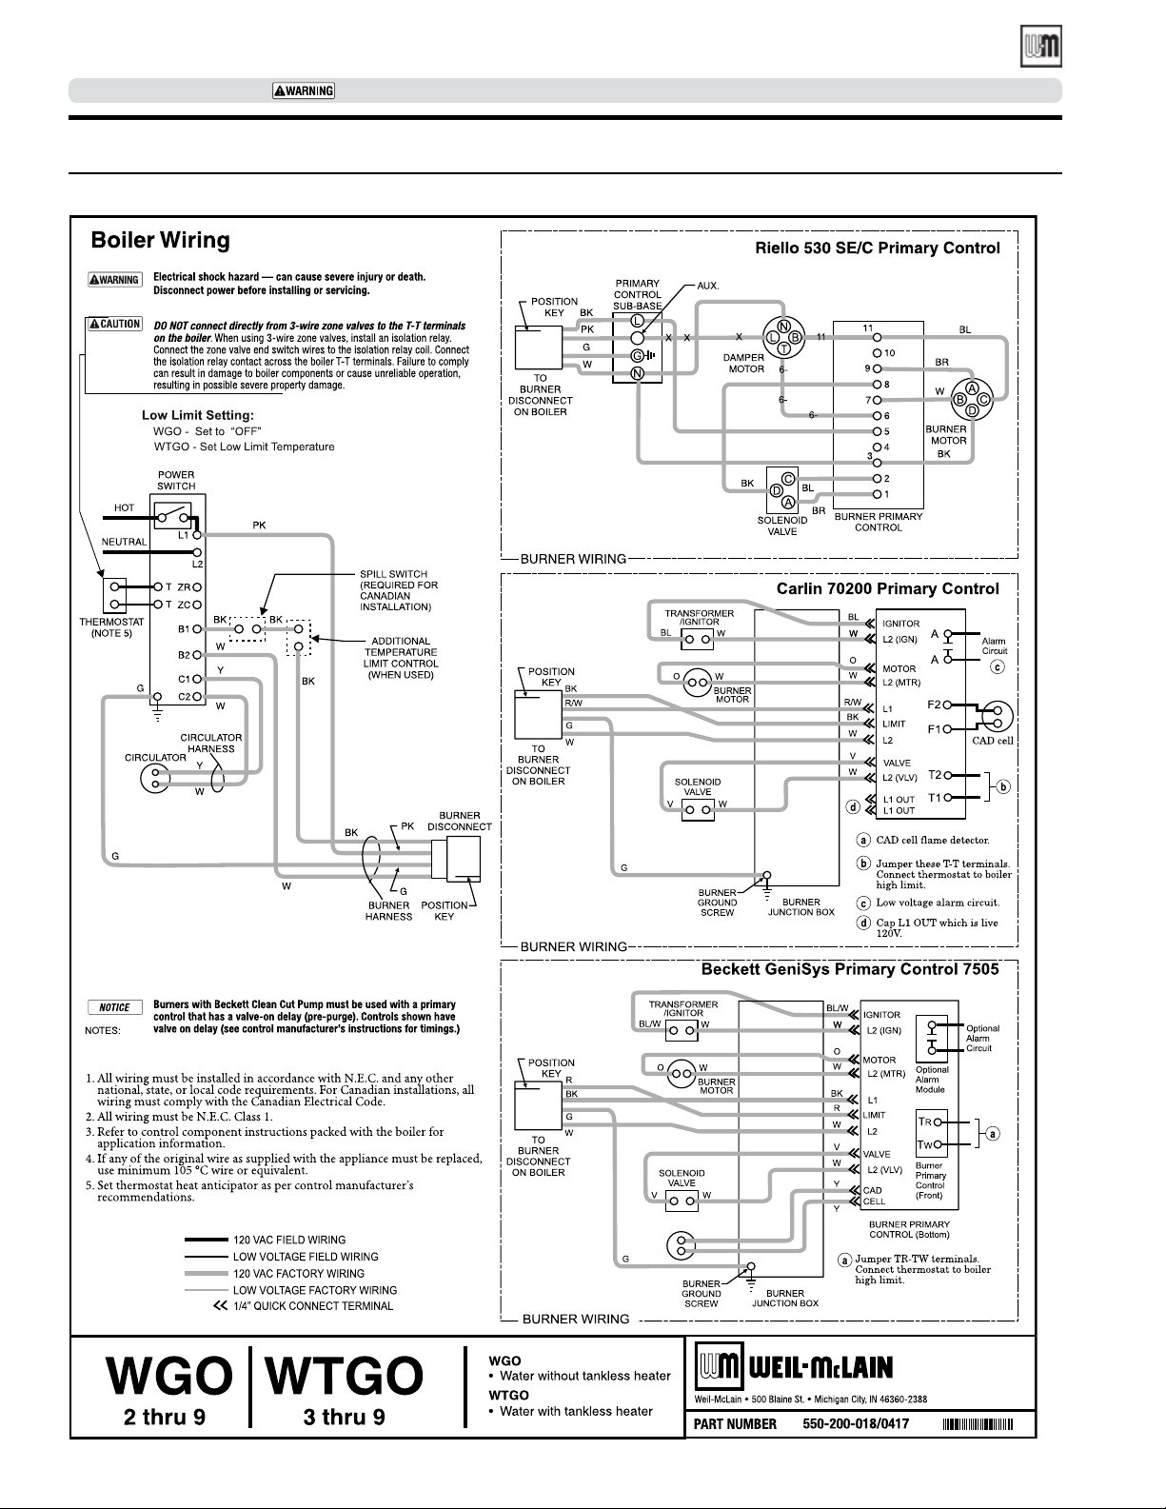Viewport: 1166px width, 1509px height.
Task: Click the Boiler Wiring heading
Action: [x=160, y=240]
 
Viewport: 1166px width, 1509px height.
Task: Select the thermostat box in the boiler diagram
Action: [x=114, y=595]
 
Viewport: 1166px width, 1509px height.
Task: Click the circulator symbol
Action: [x=155, y=778]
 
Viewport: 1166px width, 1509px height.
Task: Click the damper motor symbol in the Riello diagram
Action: [x=783, y=337]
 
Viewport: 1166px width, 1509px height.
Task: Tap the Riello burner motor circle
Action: [x=972, y=399]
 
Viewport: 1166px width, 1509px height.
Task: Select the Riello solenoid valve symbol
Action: [x=782, y=490]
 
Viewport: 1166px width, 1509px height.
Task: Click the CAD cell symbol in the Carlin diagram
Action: [x=998, y=717]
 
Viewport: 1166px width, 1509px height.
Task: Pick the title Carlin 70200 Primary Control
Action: [x=888, y=589]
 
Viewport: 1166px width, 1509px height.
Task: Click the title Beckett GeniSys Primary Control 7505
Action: [x=849, y=969]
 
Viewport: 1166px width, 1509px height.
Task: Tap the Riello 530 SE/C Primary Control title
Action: [x=878, y=248]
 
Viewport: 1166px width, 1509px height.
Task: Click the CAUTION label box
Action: [x=114, y=324]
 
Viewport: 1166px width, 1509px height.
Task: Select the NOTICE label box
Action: [x=114, y=1007]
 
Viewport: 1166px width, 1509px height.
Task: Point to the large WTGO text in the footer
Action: [x=345, y=1376]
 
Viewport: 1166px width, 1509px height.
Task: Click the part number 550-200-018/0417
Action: [x=856, y=1423]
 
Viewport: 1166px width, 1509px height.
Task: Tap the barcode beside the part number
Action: [x=978, y=1424]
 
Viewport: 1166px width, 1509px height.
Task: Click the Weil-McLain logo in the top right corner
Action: [x=1041, y=46]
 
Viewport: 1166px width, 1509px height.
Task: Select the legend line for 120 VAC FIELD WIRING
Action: [x=207, y=1240]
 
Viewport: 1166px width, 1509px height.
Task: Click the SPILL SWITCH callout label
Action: [x=399, y=591]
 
